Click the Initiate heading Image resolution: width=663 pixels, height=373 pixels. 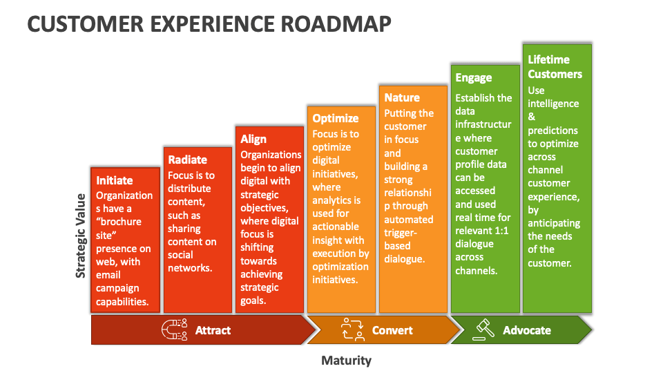114,180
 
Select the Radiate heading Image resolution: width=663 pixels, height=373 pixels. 187,160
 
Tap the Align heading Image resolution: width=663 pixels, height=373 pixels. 253,139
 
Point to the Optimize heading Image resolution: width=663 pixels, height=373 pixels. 336,118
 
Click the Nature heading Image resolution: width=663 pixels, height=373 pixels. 402,97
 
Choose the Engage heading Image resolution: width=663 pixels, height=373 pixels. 474,78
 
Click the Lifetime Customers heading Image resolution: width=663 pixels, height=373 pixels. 555,67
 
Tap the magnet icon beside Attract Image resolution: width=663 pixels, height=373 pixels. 174,330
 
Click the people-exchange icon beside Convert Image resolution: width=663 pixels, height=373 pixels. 353,330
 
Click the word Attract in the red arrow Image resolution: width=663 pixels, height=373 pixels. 213,330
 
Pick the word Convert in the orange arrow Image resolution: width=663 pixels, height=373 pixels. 392,330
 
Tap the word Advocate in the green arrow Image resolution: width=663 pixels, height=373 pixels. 527,330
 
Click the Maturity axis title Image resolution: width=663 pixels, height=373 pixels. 346,361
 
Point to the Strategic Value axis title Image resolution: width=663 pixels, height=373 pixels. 80,236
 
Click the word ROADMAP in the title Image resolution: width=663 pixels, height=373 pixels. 336,23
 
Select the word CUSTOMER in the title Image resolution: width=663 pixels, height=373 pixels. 86,23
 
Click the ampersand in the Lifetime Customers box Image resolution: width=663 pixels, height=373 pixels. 532,117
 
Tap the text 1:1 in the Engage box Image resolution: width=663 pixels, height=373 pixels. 500,231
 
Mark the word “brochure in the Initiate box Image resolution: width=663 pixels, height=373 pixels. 119,222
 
